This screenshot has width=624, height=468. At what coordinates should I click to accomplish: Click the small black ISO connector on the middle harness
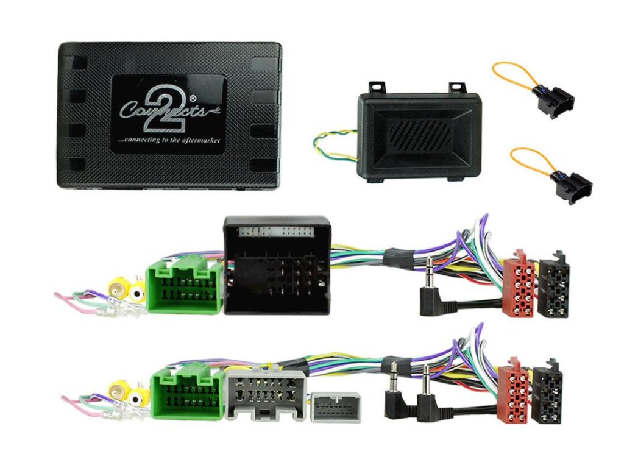555,285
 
